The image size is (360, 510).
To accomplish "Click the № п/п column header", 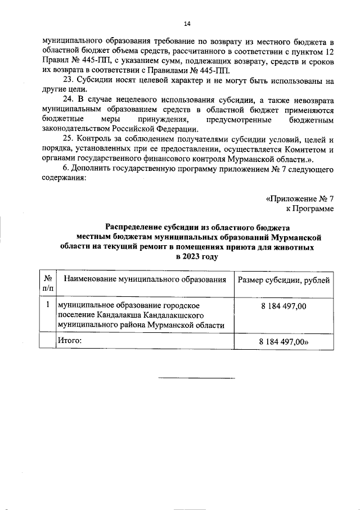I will pyautogui.click(x=48, y=283).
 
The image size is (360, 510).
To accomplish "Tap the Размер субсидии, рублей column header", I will pyautogui.click(x=284, y=279).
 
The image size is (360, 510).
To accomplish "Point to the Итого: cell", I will pyautogui.click(x=70, y=340).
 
